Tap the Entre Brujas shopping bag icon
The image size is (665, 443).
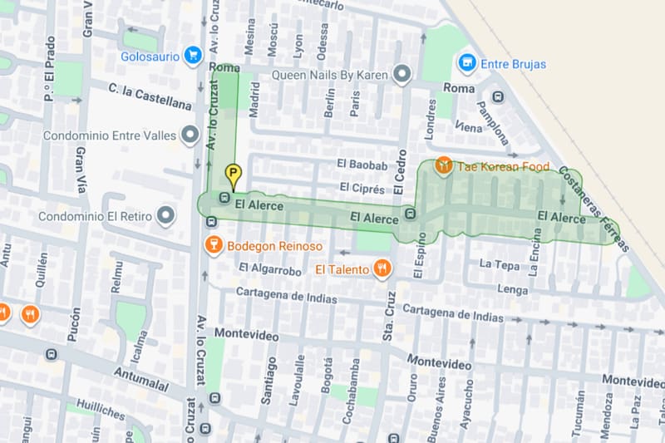pyautogui.click(x=467, y=62)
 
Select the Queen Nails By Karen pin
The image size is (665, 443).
pyautogui.click(x=403, y=75)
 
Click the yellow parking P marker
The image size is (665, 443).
pyautogui.click(x=234, y=176)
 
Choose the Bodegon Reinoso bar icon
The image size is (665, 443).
pyautogui.click(x=214, y=245)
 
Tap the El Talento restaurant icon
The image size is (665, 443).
pyautogui.click(x=382, y=268)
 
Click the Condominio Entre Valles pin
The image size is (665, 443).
pyautogui.click(x=190, y=134)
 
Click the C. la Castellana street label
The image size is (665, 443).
pyautogui.click(x=149, y=96)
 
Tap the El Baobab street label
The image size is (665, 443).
pyautogui.click(x=362, y=165)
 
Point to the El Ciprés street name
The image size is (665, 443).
pyautogui.click(x=361, y=189)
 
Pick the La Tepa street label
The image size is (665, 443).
pyautogui.click(x=500, y=264)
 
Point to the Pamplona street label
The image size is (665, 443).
pyautogui.click(x=492, y=123)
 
